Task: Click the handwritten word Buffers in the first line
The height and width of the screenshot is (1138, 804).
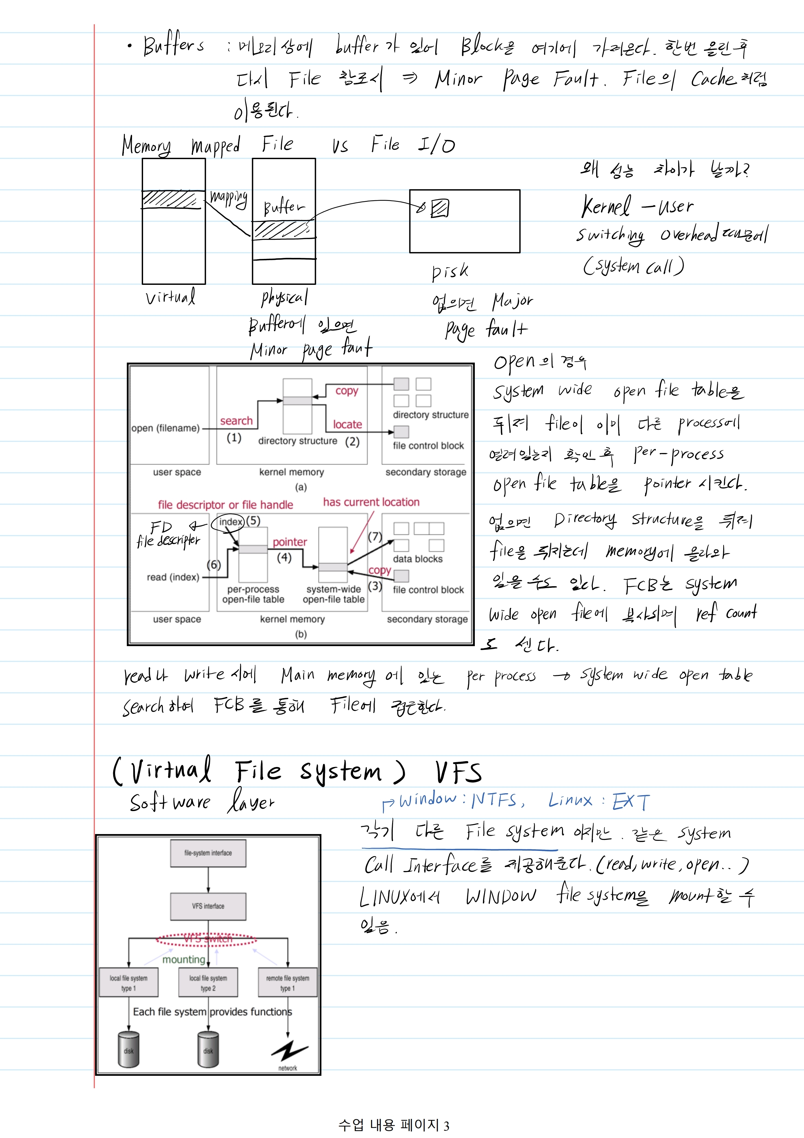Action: point(173,46)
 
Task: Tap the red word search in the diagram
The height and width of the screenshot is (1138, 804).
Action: point(236,421)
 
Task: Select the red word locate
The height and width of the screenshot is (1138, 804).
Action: point(347,424)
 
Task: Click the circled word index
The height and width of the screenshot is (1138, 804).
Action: point(230,522)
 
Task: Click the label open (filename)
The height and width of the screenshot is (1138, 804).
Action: point(165,428)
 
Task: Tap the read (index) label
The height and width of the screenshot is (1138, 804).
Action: point(173,577)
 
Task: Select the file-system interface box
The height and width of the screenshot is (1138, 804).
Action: point(208,853)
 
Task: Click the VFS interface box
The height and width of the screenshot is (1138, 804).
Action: point(208,906)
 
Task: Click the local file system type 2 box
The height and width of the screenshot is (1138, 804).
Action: point(208,983)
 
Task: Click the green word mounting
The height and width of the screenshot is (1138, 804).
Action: point(184,959)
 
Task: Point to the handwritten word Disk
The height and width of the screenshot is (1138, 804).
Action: point(450,271)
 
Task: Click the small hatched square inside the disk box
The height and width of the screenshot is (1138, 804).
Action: point(439,208)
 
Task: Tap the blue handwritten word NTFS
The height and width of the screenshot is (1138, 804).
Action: point(495,799)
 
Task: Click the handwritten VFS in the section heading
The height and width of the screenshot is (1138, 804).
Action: point(458,772)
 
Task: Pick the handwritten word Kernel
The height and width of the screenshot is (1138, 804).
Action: point(606,206)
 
